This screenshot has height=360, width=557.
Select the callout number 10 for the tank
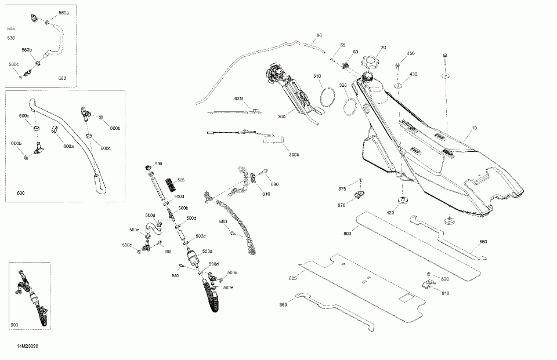coord(474,127)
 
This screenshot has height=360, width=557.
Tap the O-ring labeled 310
coord(330,96)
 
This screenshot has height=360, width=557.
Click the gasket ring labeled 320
coord(351,107)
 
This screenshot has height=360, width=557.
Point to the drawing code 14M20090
coord(28,346)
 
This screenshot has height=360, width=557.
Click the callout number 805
coord(292,279)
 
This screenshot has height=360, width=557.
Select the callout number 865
coord(283,304)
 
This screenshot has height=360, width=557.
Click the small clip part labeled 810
coord(427,283)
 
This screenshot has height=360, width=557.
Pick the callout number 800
coord(347,234)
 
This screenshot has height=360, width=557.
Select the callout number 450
coord(411,54)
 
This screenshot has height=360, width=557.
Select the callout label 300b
coord(294,155)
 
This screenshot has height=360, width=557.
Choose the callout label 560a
coord(63,13)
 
